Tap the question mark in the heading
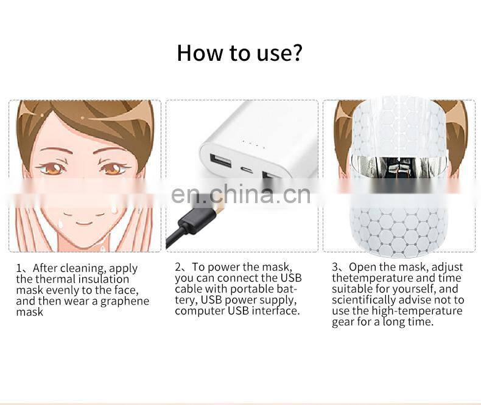295,53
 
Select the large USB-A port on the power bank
218,161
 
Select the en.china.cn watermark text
240,194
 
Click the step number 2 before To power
178,267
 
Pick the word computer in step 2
199,311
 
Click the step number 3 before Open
335,267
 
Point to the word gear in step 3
343,322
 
